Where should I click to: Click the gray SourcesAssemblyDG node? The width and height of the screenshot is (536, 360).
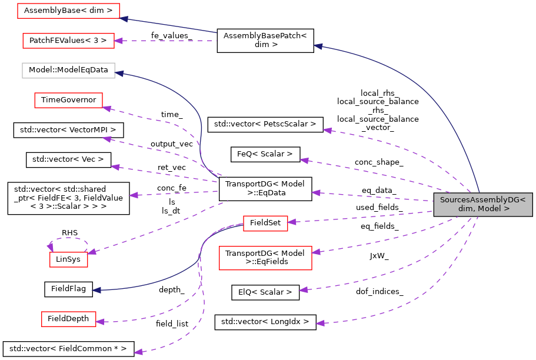[482, 204]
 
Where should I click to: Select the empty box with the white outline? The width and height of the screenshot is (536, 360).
[68, 71]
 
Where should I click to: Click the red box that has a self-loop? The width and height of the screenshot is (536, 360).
[68, 259]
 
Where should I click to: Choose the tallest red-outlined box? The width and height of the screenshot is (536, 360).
[265, 258]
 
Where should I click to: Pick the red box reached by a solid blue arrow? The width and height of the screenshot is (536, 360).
[68, 11]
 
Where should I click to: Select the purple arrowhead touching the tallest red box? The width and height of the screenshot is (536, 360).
[316, 252]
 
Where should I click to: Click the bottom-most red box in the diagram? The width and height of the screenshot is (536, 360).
[68, 319]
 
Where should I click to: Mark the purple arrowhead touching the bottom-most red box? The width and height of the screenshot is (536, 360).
[100, 322]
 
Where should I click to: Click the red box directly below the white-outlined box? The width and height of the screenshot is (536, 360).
[68, 100]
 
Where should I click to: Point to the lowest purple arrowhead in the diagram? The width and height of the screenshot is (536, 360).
[138, 352]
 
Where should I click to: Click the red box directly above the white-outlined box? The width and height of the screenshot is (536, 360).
[68, 41]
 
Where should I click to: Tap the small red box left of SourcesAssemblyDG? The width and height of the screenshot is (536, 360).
[265, 224]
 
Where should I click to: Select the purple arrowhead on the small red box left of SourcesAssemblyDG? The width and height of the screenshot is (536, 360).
[292, 222]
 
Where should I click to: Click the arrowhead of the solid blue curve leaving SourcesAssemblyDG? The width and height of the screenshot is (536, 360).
[318, 45]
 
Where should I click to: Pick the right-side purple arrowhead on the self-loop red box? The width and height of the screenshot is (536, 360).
[92, 252]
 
